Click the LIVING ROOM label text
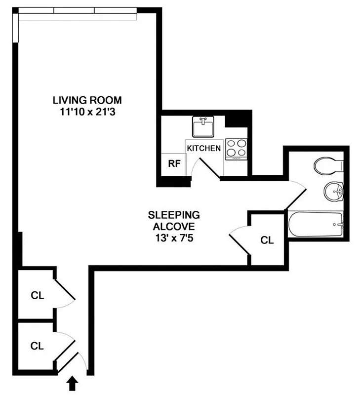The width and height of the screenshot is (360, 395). (87, 100)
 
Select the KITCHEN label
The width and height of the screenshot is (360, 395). (203, 148)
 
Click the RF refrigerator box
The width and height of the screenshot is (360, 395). (173, 164)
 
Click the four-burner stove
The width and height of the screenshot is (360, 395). (236, 149)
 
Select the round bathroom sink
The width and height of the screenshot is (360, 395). (333, 191)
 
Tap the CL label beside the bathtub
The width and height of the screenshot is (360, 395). (267, 240)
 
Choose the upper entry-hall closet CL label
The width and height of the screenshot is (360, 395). (37, 296)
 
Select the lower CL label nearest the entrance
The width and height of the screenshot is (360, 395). (37, 346)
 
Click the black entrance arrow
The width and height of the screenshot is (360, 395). (73, 383)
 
